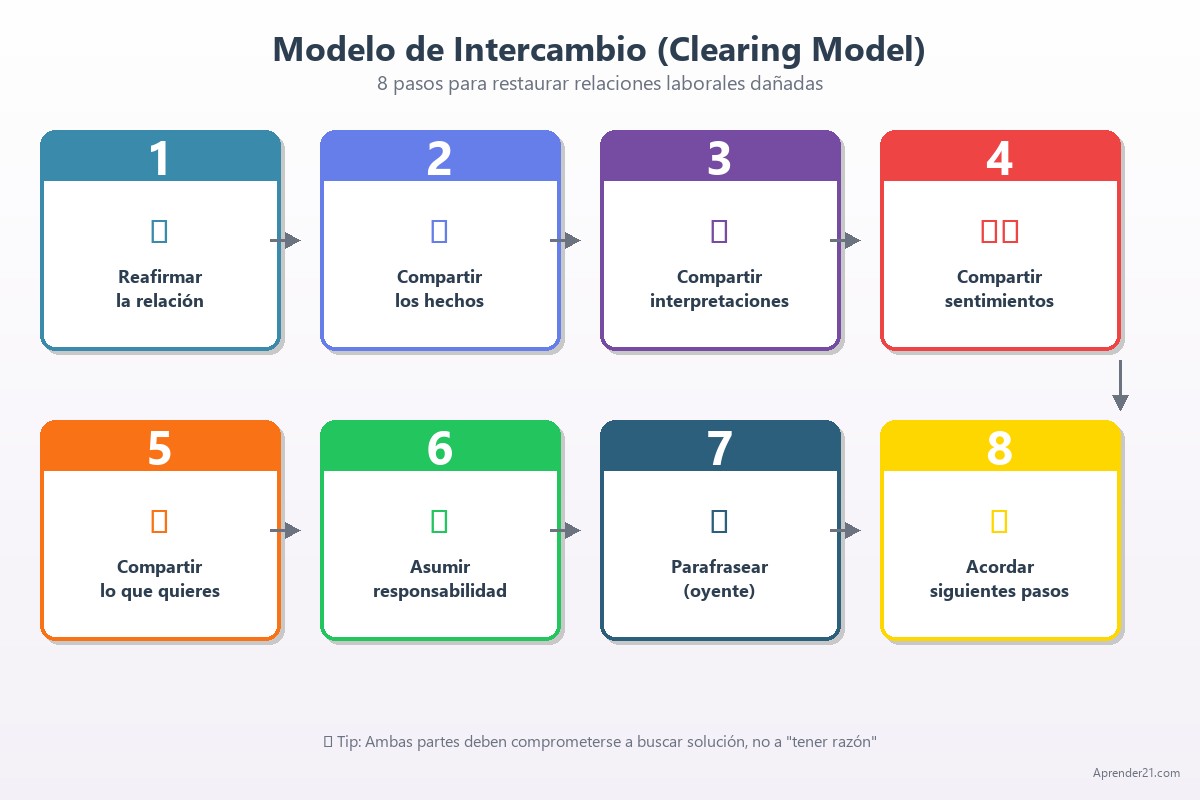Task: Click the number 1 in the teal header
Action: (160, 158)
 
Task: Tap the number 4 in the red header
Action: (999, 158)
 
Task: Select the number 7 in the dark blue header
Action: (719, 448)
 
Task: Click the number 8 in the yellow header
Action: (999, 448)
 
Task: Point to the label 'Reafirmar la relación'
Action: (160, 289)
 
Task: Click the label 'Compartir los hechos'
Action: (439, 289)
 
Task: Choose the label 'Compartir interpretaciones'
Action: (719, 289)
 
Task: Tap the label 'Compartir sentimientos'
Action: (999, 289)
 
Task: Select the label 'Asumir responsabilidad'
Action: (439, 579)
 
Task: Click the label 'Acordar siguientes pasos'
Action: (999, 579)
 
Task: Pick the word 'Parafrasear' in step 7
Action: (719, 567)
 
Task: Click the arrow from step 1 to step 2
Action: (286, 240)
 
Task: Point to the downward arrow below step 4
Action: (1120, 385)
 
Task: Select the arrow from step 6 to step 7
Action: (566, 530)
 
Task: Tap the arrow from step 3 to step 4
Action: (846, 240)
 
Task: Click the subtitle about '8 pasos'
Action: (600, 84)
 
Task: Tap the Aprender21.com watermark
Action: (1136, 773)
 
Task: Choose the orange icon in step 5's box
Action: (159, 521)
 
